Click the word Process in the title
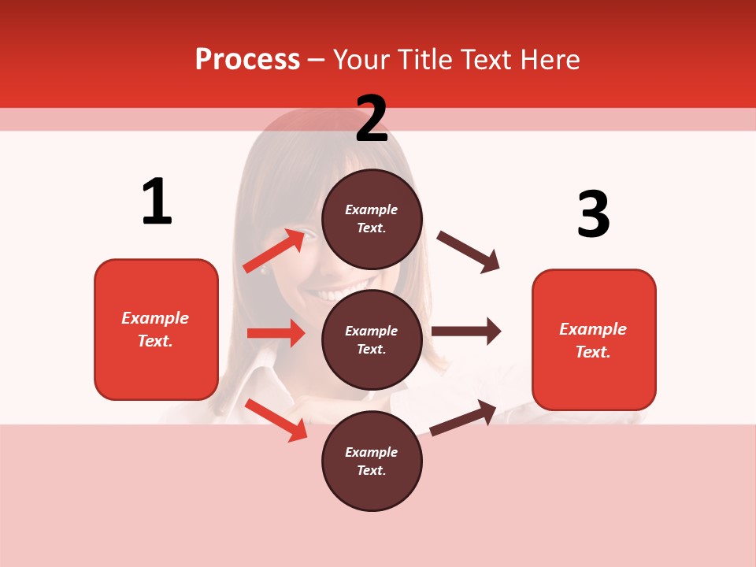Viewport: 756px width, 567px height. click(247, 60)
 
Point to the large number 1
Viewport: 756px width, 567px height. click(157, 202)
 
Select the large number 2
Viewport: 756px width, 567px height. click(372, 119)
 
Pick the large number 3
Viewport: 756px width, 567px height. click(593, 213)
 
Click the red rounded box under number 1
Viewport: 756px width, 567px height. click(156, 329)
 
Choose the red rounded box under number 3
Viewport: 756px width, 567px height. click(594, 340)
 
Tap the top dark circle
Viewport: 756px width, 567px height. click(372, 219)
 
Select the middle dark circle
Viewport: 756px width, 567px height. click(372, 339)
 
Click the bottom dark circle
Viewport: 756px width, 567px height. click(372, 461)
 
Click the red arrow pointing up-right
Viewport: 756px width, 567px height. click(274, 250)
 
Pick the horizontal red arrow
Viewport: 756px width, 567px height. click(276, 333)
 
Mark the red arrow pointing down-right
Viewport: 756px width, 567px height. click(276, 420)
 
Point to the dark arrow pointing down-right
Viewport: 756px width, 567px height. click(469, 252)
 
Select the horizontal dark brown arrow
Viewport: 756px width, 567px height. click(466, 332)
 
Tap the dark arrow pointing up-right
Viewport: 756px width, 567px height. click(463, 417)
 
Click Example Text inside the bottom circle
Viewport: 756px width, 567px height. click(372, 461)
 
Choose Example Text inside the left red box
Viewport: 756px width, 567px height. click(156, 329)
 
